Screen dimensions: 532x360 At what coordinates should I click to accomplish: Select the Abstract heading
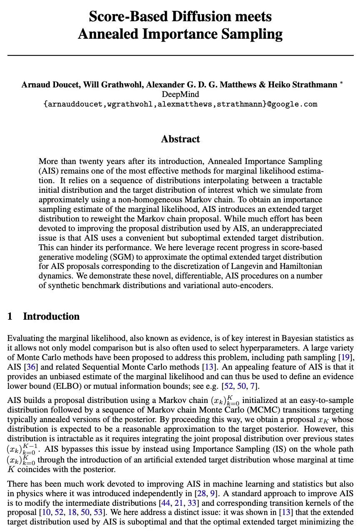click(x=180, y=139)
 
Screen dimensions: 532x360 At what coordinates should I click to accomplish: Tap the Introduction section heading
click(x=51, y=316)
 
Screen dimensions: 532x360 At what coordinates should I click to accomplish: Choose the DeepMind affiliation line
click(x=180, y=94)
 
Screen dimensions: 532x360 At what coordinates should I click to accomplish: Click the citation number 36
click(x=30, y=367)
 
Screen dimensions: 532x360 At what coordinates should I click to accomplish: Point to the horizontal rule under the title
click(x=180, y=55)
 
